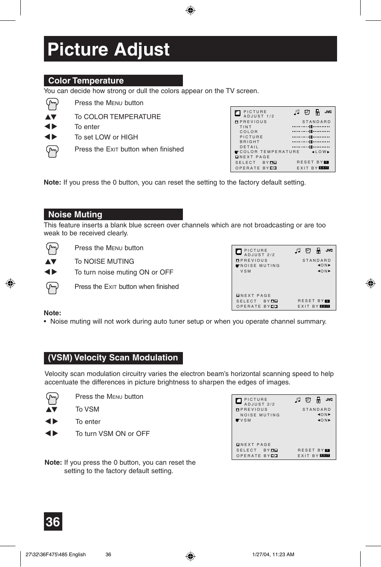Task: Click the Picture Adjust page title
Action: (x=109, y=50)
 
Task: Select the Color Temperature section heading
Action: (x=86, y=81)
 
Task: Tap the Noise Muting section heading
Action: (x=75, y=215)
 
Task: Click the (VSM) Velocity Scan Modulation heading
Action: (x=113, y=358)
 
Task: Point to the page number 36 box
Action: (x=53, y=521)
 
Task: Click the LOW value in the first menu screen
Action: (x=321, y=152)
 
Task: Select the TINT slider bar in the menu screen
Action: (x=311, y=127)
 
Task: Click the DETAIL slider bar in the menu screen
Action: (x=311, y=147)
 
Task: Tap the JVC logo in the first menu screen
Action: (x=328, y=112)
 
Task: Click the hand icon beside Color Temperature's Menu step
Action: (x=52, y=104)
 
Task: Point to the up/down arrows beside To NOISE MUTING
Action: (x=51, y=262)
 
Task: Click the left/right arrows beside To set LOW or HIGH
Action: (x=51, y=137)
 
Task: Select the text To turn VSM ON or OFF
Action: (x=112, y=434)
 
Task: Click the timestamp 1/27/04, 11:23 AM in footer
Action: (x=273, y=554)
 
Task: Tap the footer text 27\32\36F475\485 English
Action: (x=56, y=554)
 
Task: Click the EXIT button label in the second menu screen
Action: (x=325, y=306)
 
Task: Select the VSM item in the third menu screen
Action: (x=246, y=420)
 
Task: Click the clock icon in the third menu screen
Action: (x=308, y=400)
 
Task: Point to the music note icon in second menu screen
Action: (x=298, y=251)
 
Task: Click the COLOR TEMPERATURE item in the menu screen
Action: (x=270, y=152)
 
